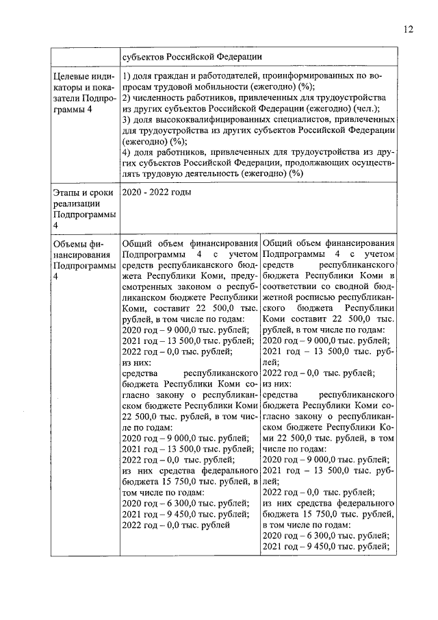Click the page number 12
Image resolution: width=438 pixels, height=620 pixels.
[x=409, y=29]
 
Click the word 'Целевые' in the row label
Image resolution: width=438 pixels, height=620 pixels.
[x=72, y=75]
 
